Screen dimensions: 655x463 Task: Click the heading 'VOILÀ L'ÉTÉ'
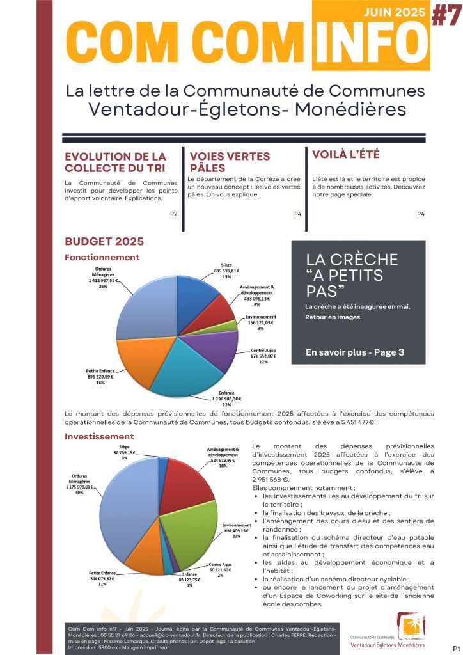[x=345, y=154]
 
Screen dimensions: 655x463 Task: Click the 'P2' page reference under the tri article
[x=173, y=213]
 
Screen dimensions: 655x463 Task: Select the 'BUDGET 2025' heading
[x=104, y=241]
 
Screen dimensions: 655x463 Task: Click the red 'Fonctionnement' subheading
[x=102, y=257]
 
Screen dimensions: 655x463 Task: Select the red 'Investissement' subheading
[x=99, y=436]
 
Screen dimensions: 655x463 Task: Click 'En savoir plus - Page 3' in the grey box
[x=354, y=352]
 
